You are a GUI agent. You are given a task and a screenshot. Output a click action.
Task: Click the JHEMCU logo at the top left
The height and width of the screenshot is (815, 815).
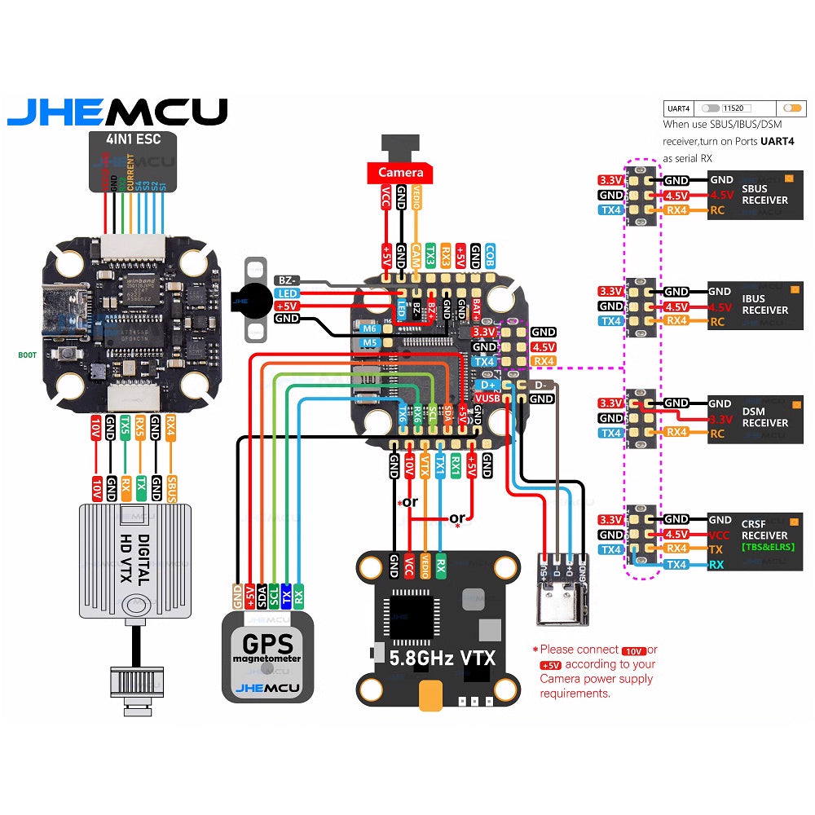click(x=117, y=112)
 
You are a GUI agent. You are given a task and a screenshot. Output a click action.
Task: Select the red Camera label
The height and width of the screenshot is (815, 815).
click(x=401, y=172)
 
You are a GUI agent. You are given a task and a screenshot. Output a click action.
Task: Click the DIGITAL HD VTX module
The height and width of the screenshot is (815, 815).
click(x=134, y=561)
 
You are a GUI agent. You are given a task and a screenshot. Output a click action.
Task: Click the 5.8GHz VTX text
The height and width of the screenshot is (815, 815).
click(x=442, y=657)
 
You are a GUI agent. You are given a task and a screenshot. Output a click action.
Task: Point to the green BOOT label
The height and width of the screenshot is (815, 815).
click(x=27, y=355)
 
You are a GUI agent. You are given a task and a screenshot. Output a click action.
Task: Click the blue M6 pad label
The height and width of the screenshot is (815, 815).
click(x=370, y=328)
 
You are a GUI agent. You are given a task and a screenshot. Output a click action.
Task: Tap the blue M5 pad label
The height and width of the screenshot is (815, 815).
click(x=370, y=343)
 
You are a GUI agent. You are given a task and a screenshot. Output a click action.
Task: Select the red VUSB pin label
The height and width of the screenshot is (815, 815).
click(x=487, y=398)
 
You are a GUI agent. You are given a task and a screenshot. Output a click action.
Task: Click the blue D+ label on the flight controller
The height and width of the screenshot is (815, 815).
click(x=488, y=384)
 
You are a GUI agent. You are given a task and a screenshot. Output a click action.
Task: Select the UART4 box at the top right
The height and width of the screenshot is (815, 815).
click(x=679, y=108)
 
